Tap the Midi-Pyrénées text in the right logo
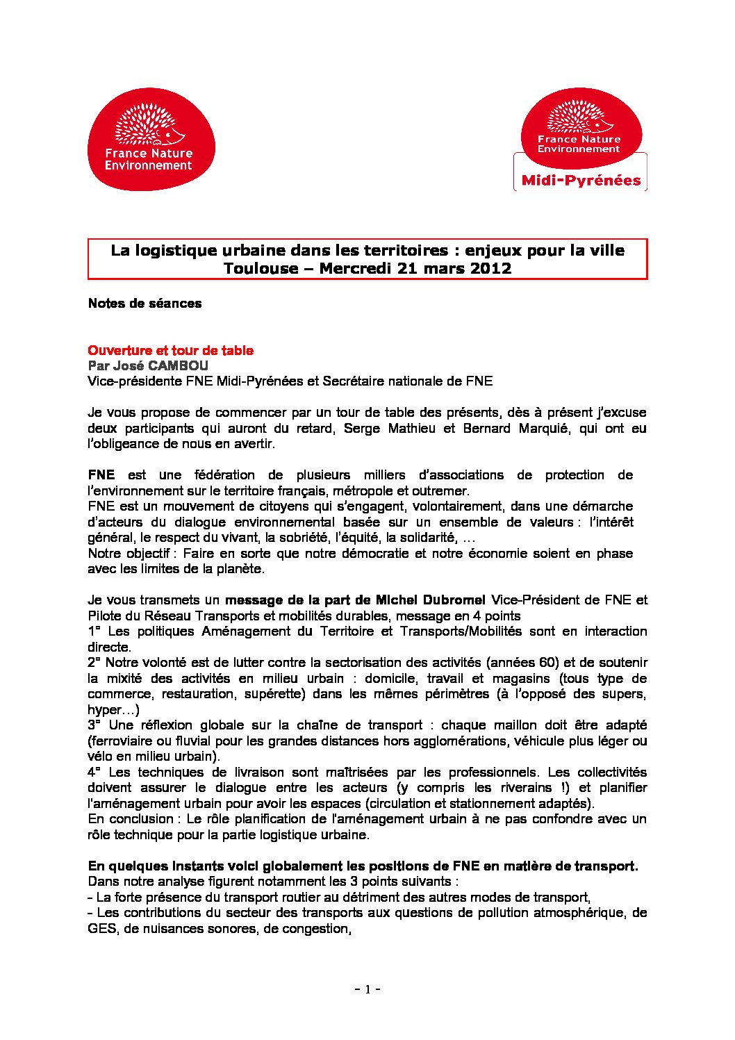tap(581, 181)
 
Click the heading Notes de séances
tap(144, 304)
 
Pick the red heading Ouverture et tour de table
tap(170, 351)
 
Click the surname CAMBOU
tap(178, 365)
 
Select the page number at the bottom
tap(367, 989)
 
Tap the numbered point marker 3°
tap(94, 725)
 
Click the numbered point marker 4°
tap(94, 773)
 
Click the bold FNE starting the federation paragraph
tap(101, 475)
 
